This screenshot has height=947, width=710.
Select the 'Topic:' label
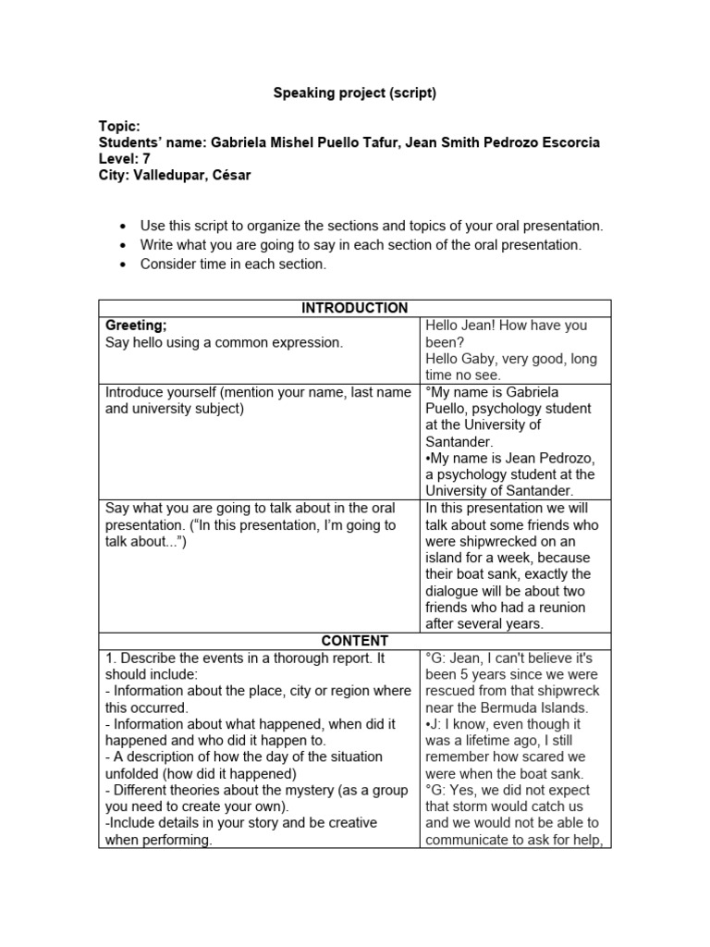(119, 126)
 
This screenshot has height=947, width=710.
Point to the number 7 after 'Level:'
(146, 159)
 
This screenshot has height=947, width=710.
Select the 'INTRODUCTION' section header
(354, 308)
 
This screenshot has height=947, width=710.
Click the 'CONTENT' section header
(354, 641)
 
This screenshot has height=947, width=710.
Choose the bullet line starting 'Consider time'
(233, 264)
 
